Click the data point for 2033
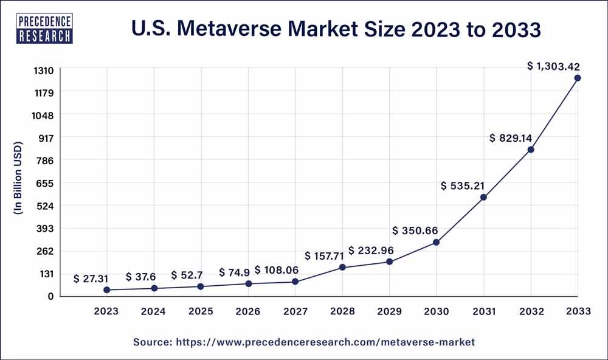[578, 78]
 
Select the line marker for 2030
[437, 243]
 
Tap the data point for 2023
[107, 290]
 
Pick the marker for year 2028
[342, 268]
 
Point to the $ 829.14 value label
[512, 138]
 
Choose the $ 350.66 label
[415, 231]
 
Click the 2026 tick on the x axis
[248, 311]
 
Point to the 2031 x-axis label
[483, 311]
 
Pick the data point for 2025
[201, 286]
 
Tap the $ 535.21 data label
[466, 185]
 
